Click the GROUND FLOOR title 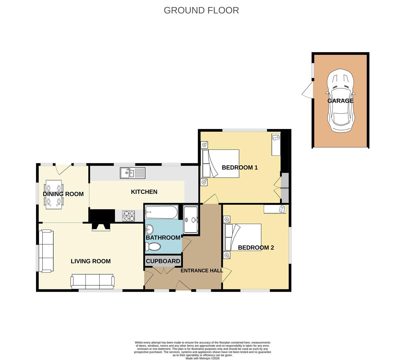(x=201, y=10)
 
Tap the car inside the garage (x=340, y=101)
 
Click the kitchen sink (x=133, y=173)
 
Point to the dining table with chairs (x=54, y=194)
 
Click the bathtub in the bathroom (x=161, y=212)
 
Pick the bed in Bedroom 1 (x=220, y=164)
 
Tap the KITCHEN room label (x=144, y=192)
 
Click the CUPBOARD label (x=163, y=261)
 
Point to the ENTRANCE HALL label (x=202, y=271)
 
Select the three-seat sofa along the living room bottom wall (x=92, y=281)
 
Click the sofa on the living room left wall (x=46, y=251)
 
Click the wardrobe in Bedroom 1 (x=285, y=188)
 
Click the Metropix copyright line (x=202, y=358)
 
